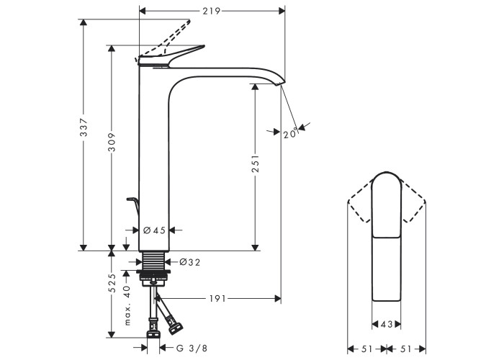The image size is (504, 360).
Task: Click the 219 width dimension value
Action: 211,12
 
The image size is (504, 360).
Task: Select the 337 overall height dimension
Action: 84,127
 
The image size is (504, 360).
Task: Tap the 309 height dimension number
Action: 111,142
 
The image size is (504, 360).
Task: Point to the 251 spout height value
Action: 255,163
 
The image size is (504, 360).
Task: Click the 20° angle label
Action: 291,133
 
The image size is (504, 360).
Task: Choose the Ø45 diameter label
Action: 154,230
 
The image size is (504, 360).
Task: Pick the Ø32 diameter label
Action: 189,262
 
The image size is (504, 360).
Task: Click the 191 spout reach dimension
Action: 217,299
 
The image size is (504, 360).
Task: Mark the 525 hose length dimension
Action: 112,283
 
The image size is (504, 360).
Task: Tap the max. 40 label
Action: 127,305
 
